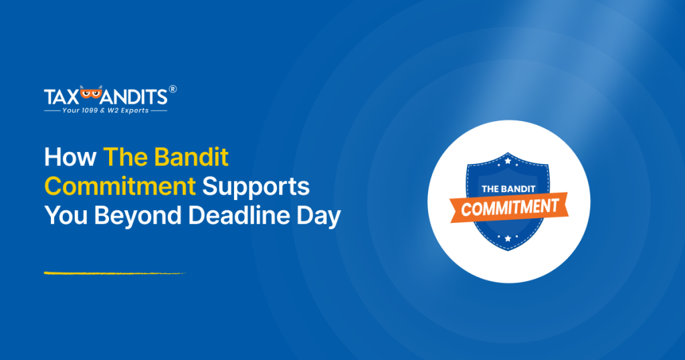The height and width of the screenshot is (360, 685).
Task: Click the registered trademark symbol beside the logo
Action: (173, 88)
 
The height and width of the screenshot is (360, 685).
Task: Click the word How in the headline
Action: (69, 158)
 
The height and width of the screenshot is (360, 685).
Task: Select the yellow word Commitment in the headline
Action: (120, 187)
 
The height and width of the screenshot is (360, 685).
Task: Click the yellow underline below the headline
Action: (114, 273)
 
